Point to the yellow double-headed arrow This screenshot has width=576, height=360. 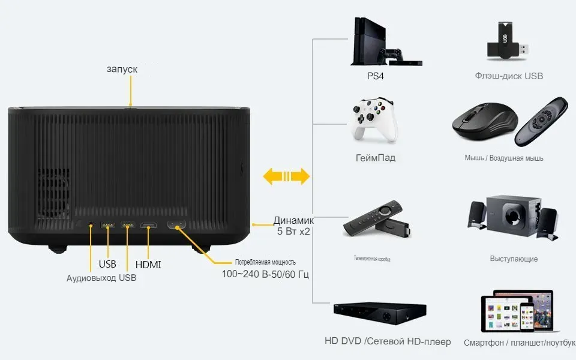287,176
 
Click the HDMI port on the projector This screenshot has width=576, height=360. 148,226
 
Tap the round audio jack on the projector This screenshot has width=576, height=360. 91,226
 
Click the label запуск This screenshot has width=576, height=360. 122,70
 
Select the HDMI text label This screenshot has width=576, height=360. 148,265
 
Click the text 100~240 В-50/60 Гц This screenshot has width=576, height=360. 266,274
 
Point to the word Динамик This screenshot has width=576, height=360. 293,220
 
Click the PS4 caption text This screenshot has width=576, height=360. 376,77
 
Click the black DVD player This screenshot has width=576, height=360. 380,313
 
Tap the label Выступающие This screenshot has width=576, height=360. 514,259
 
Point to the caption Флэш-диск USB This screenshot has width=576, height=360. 509,76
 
